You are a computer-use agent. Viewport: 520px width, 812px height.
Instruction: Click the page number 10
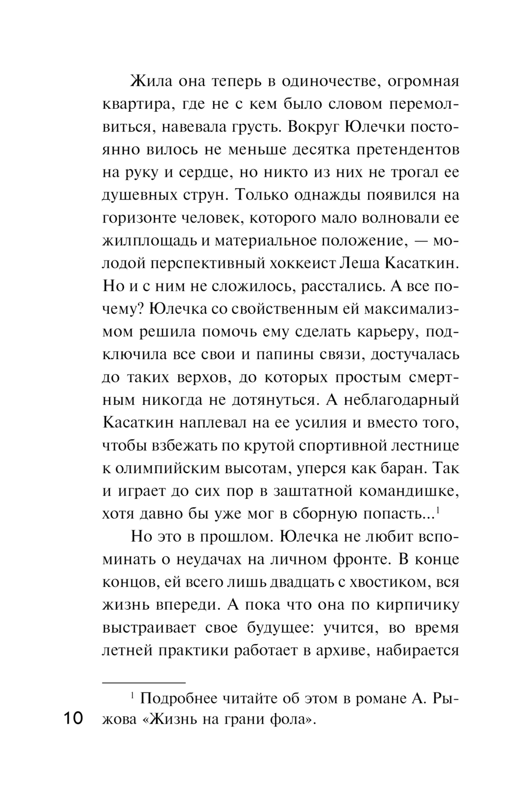pyautogui.click(x=73, y=719)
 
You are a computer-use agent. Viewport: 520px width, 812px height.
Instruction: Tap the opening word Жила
pyautogui.click(x=148, y=82)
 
